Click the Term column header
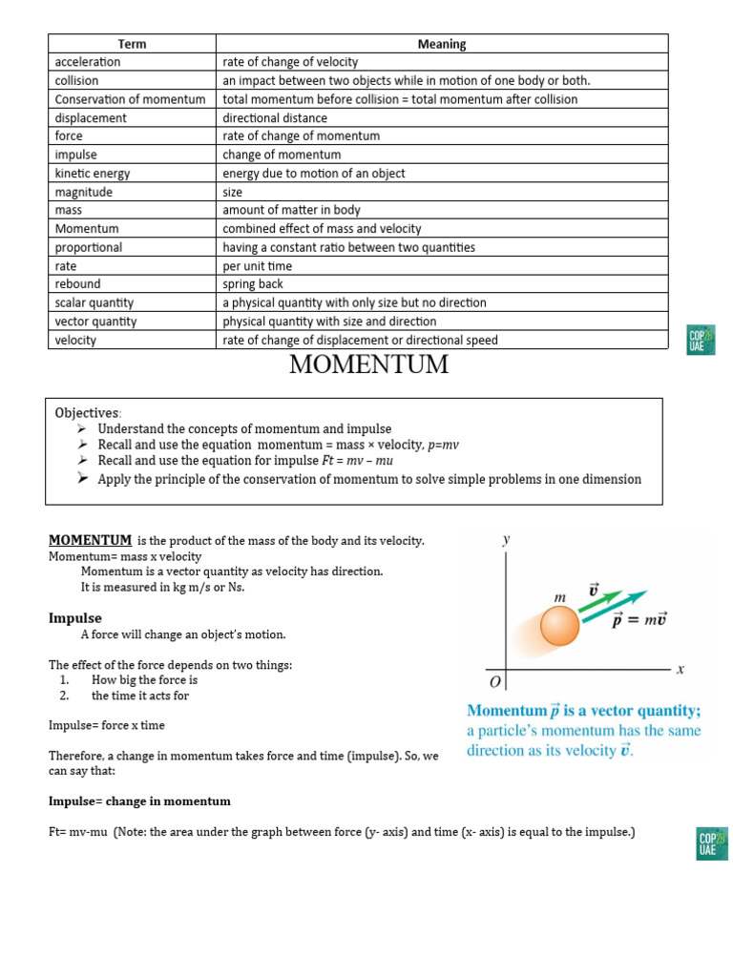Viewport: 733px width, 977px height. tap(132, 44)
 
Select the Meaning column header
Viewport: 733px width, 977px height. tap(442, 44)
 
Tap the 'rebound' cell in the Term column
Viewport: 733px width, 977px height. tap(78, 284)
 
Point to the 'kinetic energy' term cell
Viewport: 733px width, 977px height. tap(93, 174)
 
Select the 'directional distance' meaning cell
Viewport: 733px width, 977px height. tap(275, 118)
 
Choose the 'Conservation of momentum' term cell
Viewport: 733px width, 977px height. tap(130, 99)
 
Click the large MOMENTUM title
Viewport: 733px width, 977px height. tap(367, 365)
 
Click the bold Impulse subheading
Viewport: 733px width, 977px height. tap(74, 618)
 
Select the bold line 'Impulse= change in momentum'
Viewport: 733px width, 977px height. tap(139, 801)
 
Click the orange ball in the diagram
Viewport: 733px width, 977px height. tap(560, 627)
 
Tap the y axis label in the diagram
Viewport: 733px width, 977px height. tap(506, 540)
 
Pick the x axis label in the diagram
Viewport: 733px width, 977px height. tap(681, 670)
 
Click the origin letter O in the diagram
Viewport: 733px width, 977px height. tap(494, 683)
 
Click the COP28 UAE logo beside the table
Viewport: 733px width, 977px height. tap(702, 340)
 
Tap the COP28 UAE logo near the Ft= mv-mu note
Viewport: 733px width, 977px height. tap(712, 843)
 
